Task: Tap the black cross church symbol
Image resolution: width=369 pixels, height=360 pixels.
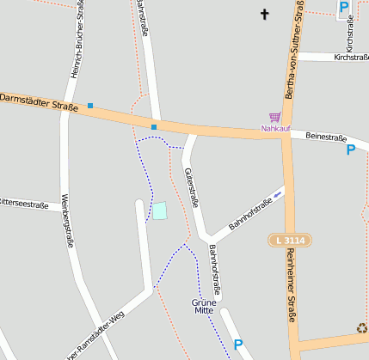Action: [264, 14]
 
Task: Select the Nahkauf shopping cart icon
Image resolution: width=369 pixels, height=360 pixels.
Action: [274, 116]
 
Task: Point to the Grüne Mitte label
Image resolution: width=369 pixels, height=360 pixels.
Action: [204, 306]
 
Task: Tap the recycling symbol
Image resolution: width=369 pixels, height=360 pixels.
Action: [362, 327]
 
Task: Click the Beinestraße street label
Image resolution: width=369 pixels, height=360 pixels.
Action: [326, 137]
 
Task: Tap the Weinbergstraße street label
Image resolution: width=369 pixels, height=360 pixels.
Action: [65, 220]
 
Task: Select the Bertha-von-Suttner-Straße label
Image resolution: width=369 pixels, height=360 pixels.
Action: [296, 52]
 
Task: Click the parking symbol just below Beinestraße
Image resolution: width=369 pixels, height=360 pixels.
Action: [350, 150]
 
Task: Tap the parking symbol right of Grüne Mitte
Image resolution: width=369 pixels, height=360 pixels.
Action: [238, 345]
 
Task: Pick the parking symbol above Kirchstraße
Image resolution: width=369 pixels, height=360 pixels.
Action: [343, 8]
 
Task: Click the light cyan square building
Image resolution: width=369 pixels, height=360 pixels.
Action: [159, 210]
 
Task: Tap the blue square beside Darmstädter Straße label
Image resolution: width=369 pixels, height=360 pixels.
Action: [89, 106]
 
